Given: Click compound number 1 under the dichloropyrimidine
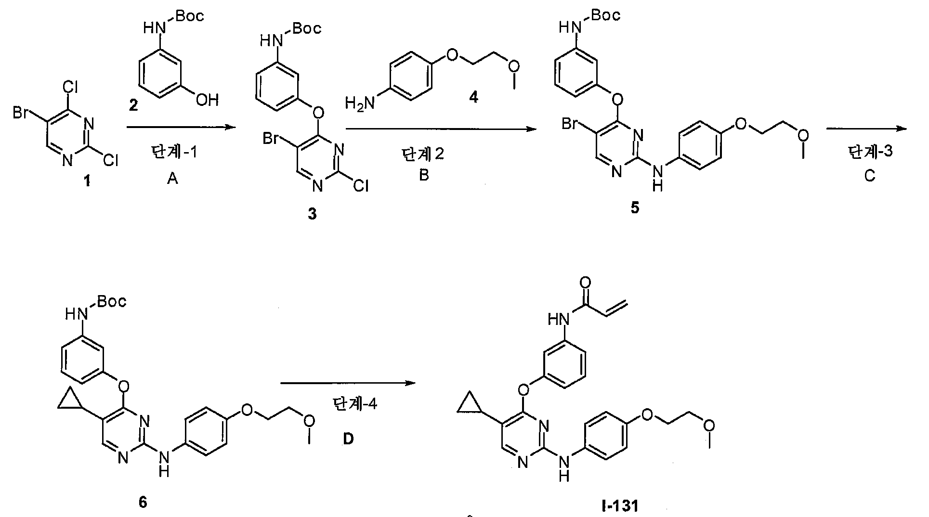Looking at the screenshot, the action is [x=87, y=183].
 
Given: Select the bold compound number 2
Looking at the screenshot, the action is [x=133, y=104].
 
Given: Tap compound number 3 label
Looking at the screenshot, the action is [x=313, y=213].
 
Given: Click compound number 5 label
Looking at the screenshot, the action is [x=635, y=208].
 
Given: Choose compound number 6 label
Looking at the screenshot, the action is [x=143, y=502].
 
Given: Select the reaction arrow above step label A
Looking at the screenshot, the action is [x=182, y=128].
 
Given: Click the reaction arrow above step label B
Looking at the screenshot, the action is [x=441, y=129].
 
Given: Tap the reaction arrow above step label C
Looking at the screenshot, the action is [x=866, y=129].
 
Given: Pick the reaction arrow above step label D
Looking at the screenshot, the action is [x=348, y=383].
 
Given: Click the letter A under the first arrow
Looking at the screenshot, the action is [x=172, y=179].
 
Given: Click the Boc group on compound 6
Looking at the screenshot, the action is [x=112, y=301].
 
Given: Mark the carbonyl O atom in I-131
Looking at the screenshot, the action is [x=585, y=282].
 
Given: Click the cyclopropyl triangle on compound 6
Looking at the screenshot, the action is [x=70, y=401].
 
